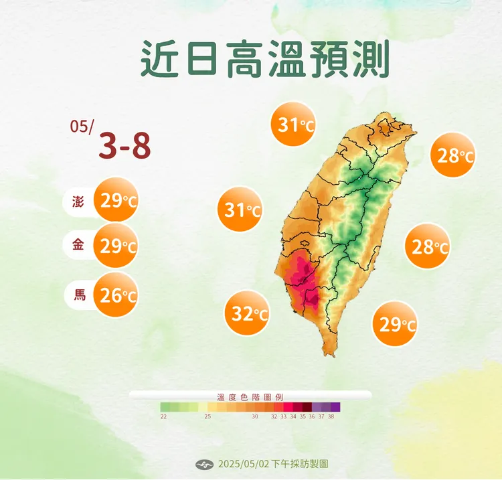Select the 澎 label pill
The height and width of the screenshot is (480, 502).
click(x=79, y=201)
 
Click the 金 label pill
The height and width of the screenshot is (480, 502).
click(x=79, y=246)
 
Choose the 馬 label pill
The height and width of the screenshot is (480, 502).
click(x=79, y=294)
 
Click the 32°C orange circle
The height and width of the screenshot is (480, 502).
click(x=248, y=312)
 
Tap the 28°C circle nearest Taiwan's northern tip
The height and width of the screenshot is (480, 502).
click(x=453, y=156)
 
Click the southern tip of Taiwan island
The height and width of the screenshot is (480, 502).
click(x=329, y=353)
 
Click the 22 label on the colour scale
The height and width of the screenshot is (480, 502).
click(x=163, y=416)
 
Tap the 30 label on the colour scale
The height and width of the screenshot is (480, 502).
click(x=255, y=416)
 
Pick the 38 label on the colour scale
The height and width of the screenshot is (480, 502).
click(x=331, y=416)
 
